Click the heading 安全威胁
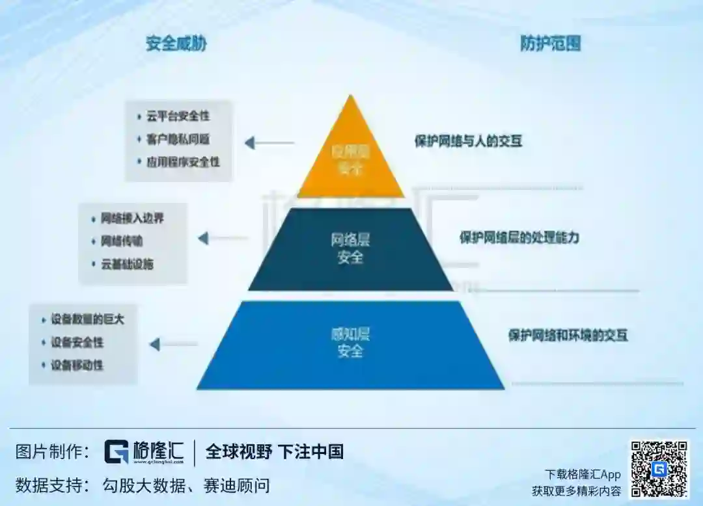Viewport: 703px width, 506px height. tap(176, 44)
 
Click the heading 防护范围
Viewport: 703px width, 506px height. tap(550, 44)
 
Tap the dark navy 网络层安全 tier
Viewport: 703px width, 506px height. tap(351, 249)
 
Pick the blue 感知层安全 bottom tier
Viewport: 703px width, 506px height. tap(351, 343)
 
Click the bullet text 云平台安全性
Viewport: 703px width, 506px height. tap(178, 116)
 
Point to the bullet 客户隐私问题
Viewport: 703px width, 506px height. tap(178, 139)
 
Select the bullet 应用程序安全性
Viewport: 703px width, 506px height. tap(182, 161)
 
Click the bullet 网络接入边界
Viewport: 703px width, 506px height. tap(132, 219)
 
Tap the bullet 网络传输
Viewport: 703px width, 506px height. tap(122, 241)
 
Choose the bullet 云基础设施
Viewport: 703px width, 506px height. tap(127, 264)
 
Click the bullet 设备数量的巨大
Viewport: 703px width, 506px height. tap(87, 319)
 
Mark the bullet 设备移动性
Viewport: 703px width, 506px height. tap(77, 365)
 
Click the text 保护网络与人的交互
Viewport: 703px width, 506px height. tap(469, 140)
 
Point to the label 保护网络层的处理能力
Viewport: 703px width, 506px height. tap(519, 237)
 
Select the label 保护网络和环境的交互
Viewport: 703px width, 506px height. tap(568, 336)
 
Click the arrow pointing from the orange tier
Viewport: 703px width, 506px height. tap(269, 143)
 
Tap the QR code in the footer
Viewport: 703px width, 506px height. tap(658, 468)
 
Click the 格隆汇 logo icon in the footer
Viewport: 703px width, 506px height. tap(117, 452)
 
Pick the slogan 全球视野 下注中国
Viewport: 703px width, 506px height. tap(274, 451)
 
